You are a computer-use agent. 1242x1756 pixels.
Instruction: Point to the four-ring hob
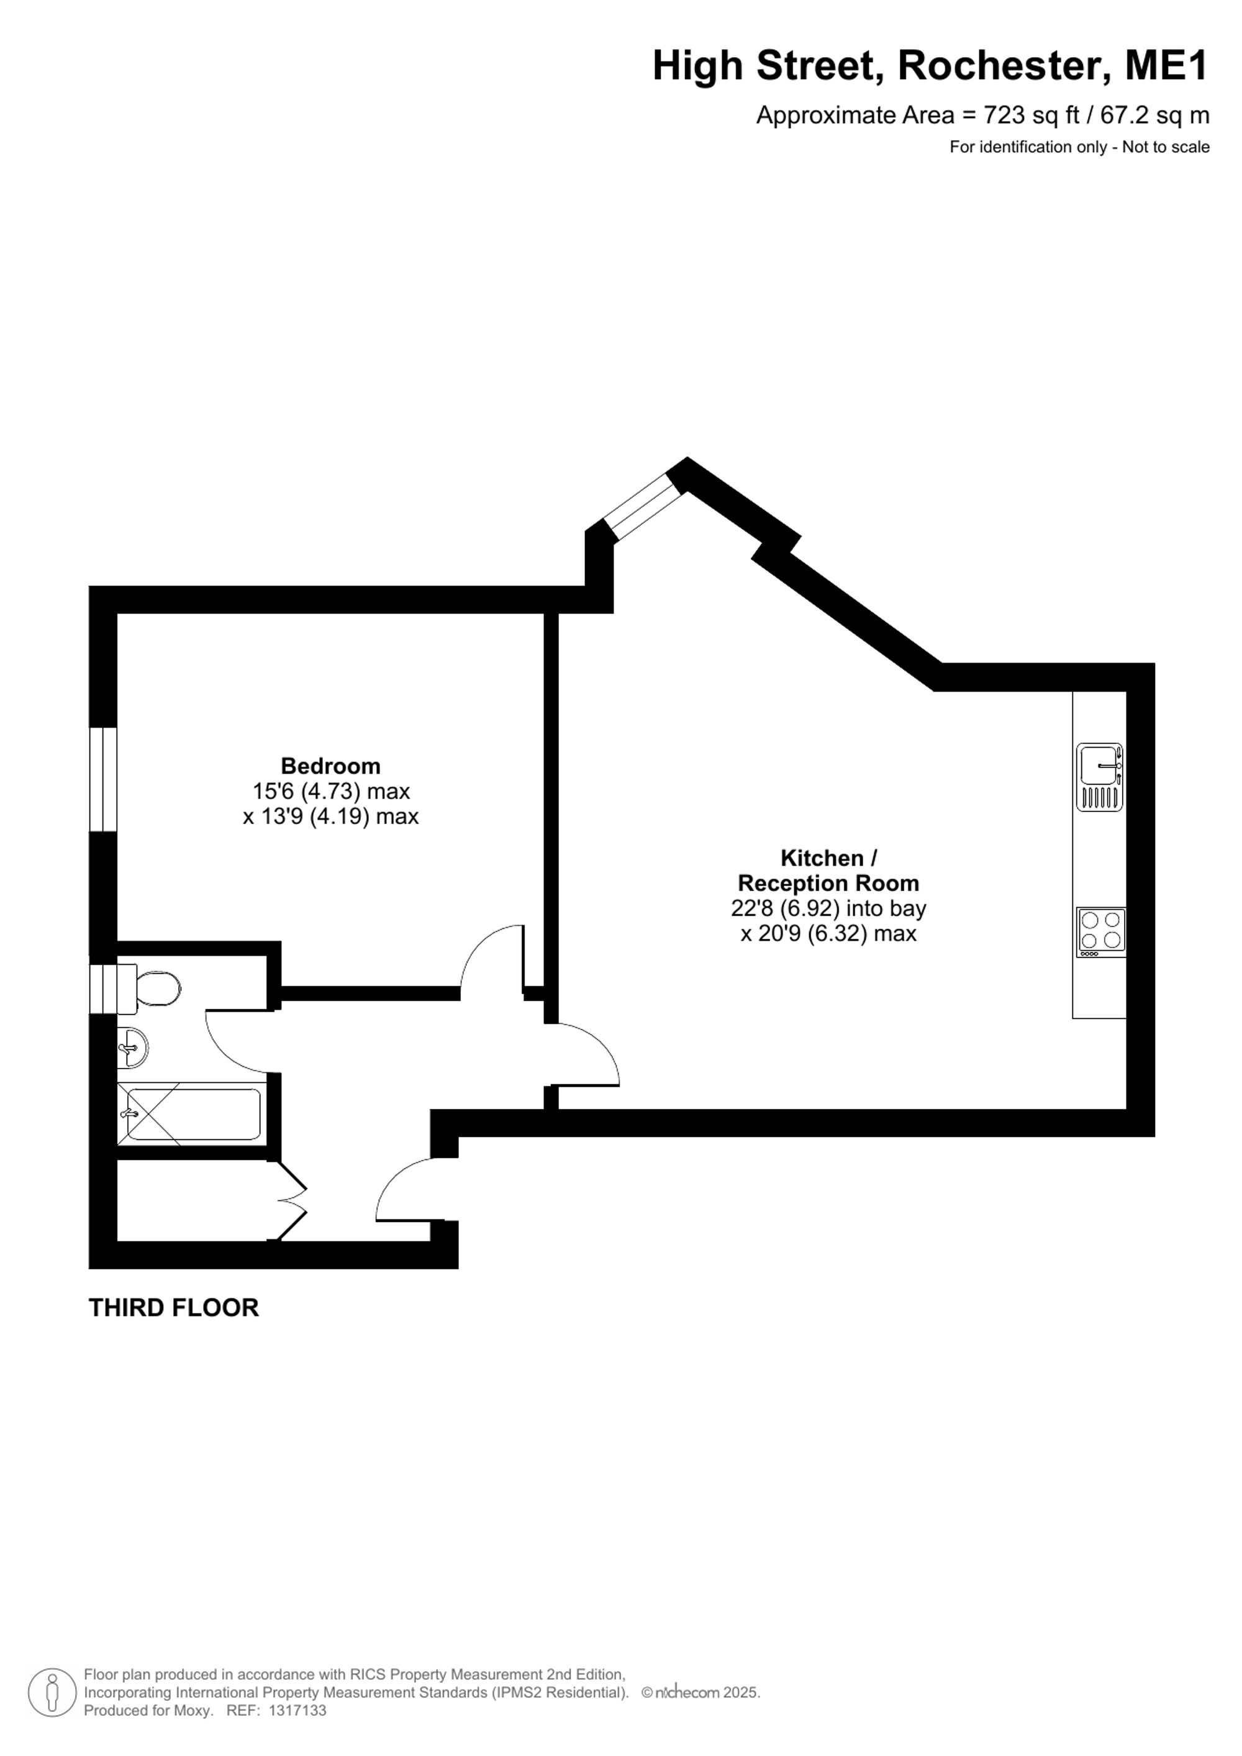pyautogui.click(x=1101, y=932)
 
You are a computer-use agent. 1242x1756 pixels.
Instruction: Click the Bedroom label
pyautogui.click(x=330, y=766)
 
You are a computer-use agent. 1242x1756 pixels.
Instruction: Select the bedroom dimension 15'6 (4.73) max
pyautogui.click(x=331, y=791)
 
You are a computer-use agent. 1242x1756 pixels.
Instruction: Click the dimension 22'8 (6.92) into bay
pyautogui.click(x=828, y=908)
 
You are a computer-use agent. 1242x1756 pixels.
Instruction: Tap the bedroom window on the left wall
pyautogui.click(x=103, y=779)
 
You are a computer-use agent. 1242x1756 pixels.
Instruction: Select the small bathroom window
pyautogui.click(x=103, y=989)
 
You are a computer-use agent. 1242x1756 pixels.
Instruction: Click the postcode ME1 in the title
pyautogui.click(x=1166, y=66)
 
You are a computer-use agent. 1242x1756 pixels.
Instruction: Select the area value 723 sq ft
pyautogui.click(x=1031, y=115)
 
